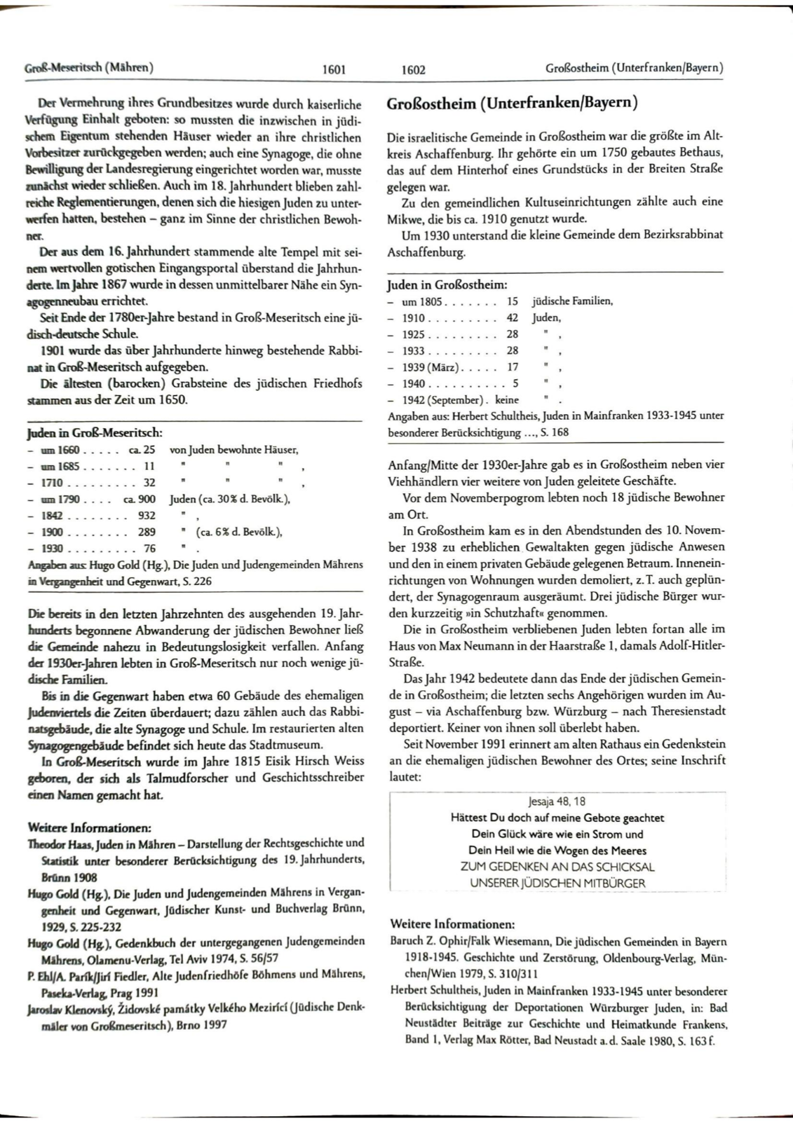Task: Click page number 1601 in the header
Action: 334,69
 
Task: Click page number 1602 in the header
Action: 414,69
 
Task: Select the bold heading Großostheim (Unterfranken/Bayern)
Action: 512,104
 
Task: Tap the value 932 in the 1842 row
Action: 147,516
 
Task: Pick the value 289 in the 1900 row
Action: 147,532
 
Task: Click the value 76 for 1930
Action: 149,549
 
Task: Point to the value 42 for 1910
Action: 512,317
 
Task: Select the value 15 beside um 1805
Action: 512,301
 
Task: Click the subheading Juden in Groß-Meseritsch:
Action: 95,433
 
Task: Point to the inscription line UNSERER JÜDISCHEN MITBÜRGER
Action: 557,883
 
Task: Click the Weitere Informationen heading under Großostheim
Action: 452,924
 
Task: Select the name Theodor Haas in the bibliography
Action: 55,843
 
